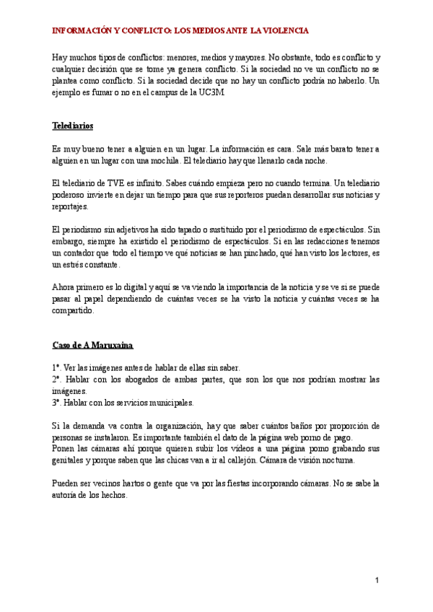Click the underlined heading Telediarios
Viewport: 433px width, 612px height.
(x=73, y=125)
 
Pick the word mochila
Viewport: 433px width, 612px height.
(x=162, y=160)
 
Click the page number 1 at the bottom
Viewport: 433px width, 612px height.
(x=377, y=580)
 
